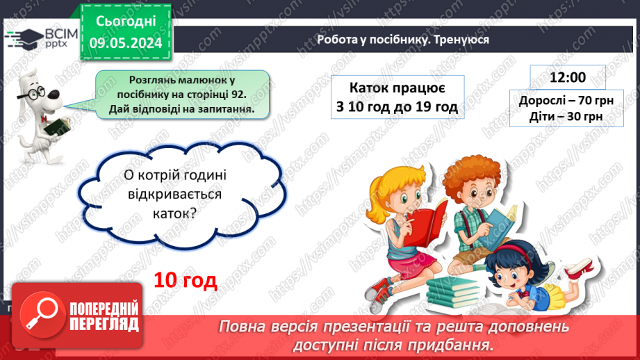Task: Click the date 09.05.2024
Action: pyautogui.click(x=125, y=43)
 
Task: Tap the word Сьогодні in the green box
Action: pyautogui.click(x=125, y=22)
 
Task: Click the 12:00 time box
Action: pyautogui.click(x=567, y=76)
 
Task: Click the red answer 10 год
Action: pyautogui.click(x=186, y=280)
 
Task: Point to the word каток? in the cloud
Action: pyautogui.click(x=169, y=215)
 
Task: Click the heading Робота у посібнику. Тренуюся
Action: pyautogui.click(x=402, y=40)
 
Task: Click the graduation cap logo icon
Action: pyautogui.click(x=23, y=37)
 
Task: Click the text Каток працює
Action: pyautogui.click(x=397, y=88)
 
